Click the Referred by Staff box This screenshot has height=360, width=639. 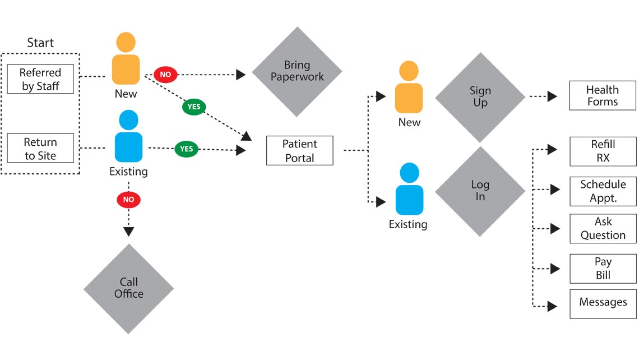pos(40,79)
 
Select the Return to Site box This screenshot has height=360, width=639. pos(40,149)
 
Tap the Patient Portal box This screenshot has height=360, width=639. pos(299,151)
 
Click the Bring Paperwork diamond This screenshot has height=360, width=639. pos(297,72)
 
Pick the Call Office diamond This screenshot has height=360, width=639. pos(128,288)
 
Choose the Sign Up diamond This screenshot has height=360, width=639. pos(480,97)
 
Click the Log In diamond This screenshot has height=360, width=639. pos(480,191)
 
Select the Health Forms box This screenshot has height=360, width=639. pos(603,96)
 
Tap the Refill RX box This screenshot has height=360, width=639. pos(603,151)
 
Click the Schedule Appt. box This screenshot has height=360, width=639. pos(603,191)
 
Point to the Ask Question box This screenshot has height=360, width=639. pos(603,228)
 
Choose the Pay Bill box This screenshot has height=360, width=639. pos(603,269)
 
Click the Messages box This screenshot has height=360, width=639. pos(603,303)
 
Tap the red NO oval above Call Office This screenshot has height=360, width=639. pos(128,200)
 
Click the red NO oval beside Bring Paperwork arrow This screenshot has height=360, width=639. pos(165,75)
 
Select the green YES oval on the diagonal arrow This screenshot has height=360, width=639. pos(194,107)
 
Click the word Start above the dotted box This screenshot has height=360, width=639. pos(40,43)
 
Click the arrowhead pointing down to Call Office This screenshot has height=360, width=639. pos(128,230)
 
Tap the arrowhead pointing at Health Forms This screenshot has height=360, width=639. pos(552,96)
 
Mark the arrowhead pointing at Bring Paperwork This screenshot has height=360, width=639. pos(240,75)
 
